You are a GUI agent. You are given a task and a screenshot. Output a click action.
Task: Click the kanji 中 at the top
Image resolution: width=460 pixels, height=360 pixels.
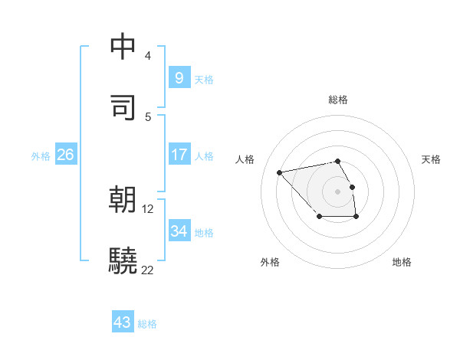[123, 47]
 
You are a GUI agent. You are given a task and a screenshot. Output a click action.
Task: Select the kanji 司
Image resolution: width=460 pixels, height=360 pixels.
[123, 107]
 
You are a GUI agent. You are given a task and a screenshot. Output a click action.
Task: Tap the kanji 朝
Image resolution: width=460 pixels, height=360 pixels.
[123, 200]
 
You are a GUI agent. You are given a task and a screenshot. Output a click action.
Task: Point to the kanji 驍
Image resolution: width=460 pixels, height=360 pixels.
[123, 261]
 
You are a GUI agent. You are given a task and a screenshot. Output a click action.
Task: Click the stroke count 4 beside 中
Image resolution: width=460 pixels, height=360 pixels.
[147, 55]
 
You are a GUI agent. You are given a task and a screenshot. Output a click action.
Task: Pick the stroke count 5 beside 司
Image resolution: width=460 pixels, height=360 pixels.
[147, 116]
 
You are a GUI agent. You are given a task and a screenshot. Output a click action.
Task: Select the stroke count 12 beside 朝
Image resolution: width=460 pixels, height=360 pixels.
[148, 208]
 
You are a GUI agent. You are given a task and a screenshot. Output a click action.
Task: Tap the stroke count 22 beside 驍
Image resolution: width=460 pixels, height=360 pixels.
[148, 270]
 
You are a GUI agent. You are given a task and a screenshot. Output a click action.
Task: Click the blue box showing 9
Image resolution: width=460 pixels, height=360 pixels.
[179, 78]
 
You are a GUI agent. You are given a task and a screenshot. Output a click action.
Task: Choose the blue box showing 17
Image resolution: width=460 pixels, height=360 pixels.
[179, 155]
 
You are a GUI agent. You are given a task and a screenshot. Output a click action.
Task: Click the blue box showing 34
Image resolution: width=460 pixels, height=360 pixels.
[179, 231]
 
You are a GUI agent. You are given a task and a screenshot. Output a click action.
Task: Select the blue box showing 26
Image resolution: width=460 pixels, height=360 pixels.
[65, 155]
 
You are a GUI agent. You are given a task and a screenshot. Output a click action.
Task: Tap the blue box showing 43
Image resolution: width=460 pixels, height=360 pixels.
[123, 322]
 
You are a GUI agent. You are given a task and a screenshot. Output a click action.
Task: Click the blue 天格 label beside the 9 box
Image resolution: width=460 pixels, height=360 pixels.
[204, 80]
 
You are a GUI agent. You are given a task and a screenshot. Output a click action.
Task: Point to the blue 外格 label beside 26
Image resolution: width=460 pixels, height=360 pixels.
[41, 156]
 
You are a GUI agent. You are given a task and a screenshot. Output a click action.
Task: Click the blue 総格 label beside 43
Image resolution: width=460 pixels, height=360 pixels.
[148, 324]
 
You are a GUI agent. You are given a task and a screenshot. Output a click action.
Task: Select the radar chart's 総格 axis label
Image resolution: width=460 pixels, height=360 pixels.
[338, 100]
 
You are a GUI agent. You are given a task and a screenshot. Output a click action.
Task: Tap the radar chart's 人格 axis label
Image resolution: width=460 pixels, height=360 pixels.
[245, 159]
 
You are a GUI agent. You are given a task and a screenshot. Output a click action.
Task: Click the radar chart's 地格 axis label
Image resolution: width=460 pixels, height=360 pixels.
[402, 262]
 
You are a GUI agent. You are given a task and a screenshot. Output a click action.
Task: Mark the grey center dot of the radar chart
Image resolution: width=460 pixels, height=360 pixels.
[338, 191]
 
